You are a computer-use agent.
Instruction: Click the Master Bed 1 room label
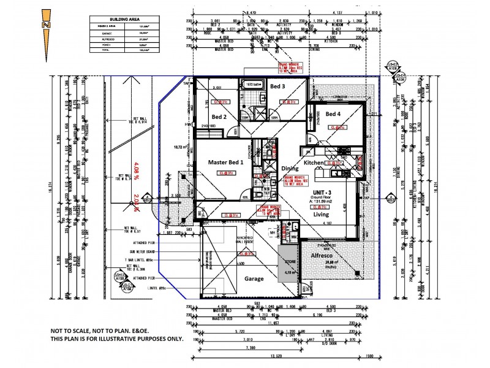[225, 162]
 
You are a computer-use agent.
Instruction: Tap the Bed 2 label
[219, 117]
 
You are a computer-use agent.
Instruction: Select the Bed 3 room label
[278, 86]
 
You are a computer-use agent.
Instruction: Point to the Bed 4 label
[333, 115]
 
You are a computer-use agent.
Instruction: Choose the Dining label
[290, 168]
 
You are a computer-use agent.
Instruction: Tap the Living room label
[320, 215]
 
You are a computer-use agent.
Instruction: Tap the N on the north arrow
[45, 25]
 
